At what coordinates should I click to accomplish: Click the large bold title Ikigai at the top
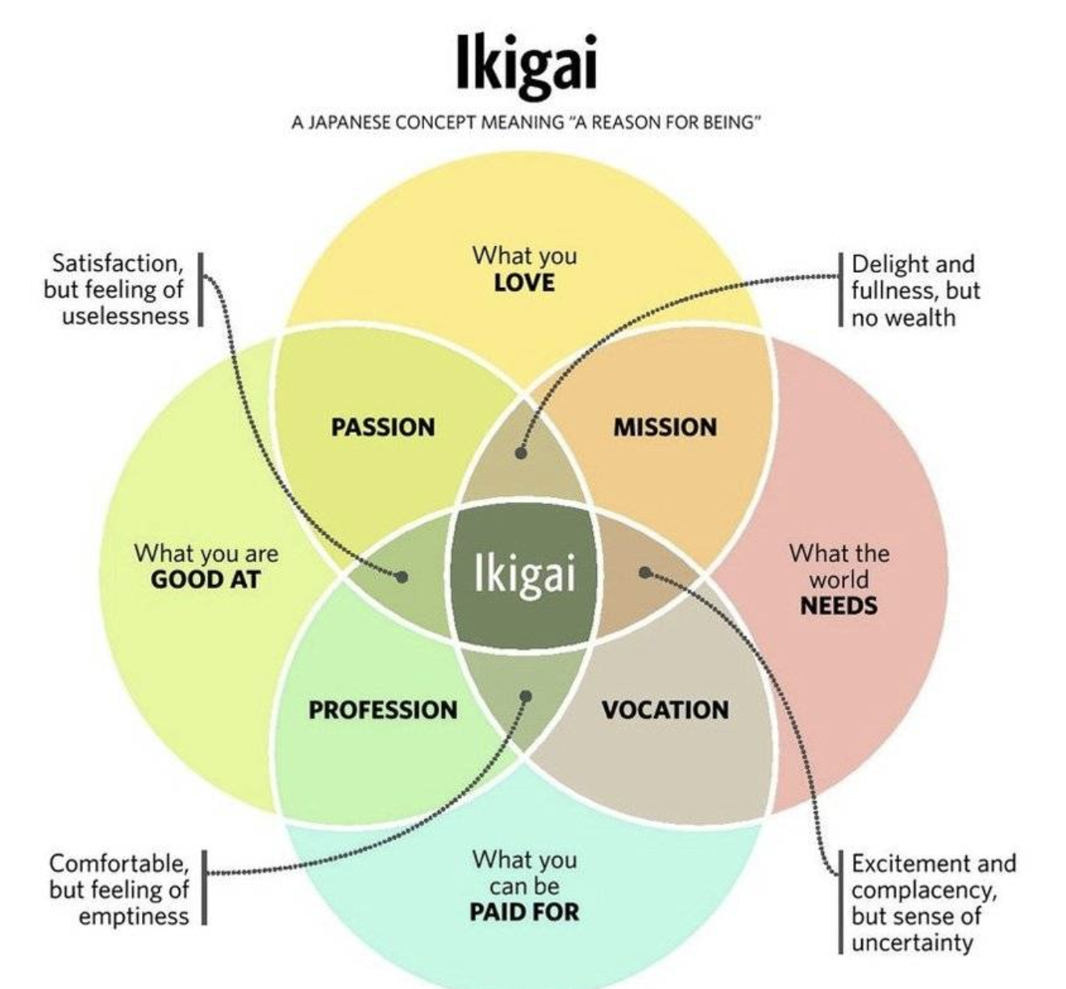click(x=527, y=62)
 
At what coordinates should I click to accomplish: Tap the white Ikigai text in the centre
click(x=525, y=574)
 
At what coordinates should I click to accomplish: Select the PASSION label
click(x=383, y=427)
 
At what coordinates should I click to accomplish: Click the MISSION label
click(x=665, y=427)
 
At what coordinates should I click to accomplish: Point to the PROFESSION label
click(x=383, y=710)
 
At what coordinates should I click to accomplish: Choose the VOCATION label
click(x=665, y=710)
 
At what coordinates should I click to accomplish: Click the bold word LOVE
click(x=524, y=282)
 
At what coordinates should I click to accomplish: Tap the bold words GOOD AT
click(x=206, y=579)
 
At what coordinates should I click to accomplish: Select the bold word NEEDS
click(x=839, y=605)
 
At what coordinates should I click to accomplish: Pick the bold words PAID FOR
click(x=524, y=912)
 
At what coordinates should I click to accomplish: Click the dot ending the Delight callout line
click(x=522, y=453)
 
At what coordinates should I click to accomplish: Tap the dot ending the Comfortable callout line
click(x=526, y=696)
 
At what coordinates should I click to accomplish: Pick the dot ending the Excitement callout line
click(x=644, y=573)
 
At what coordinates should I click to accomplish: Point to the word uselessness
click(x=125, y=315)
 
